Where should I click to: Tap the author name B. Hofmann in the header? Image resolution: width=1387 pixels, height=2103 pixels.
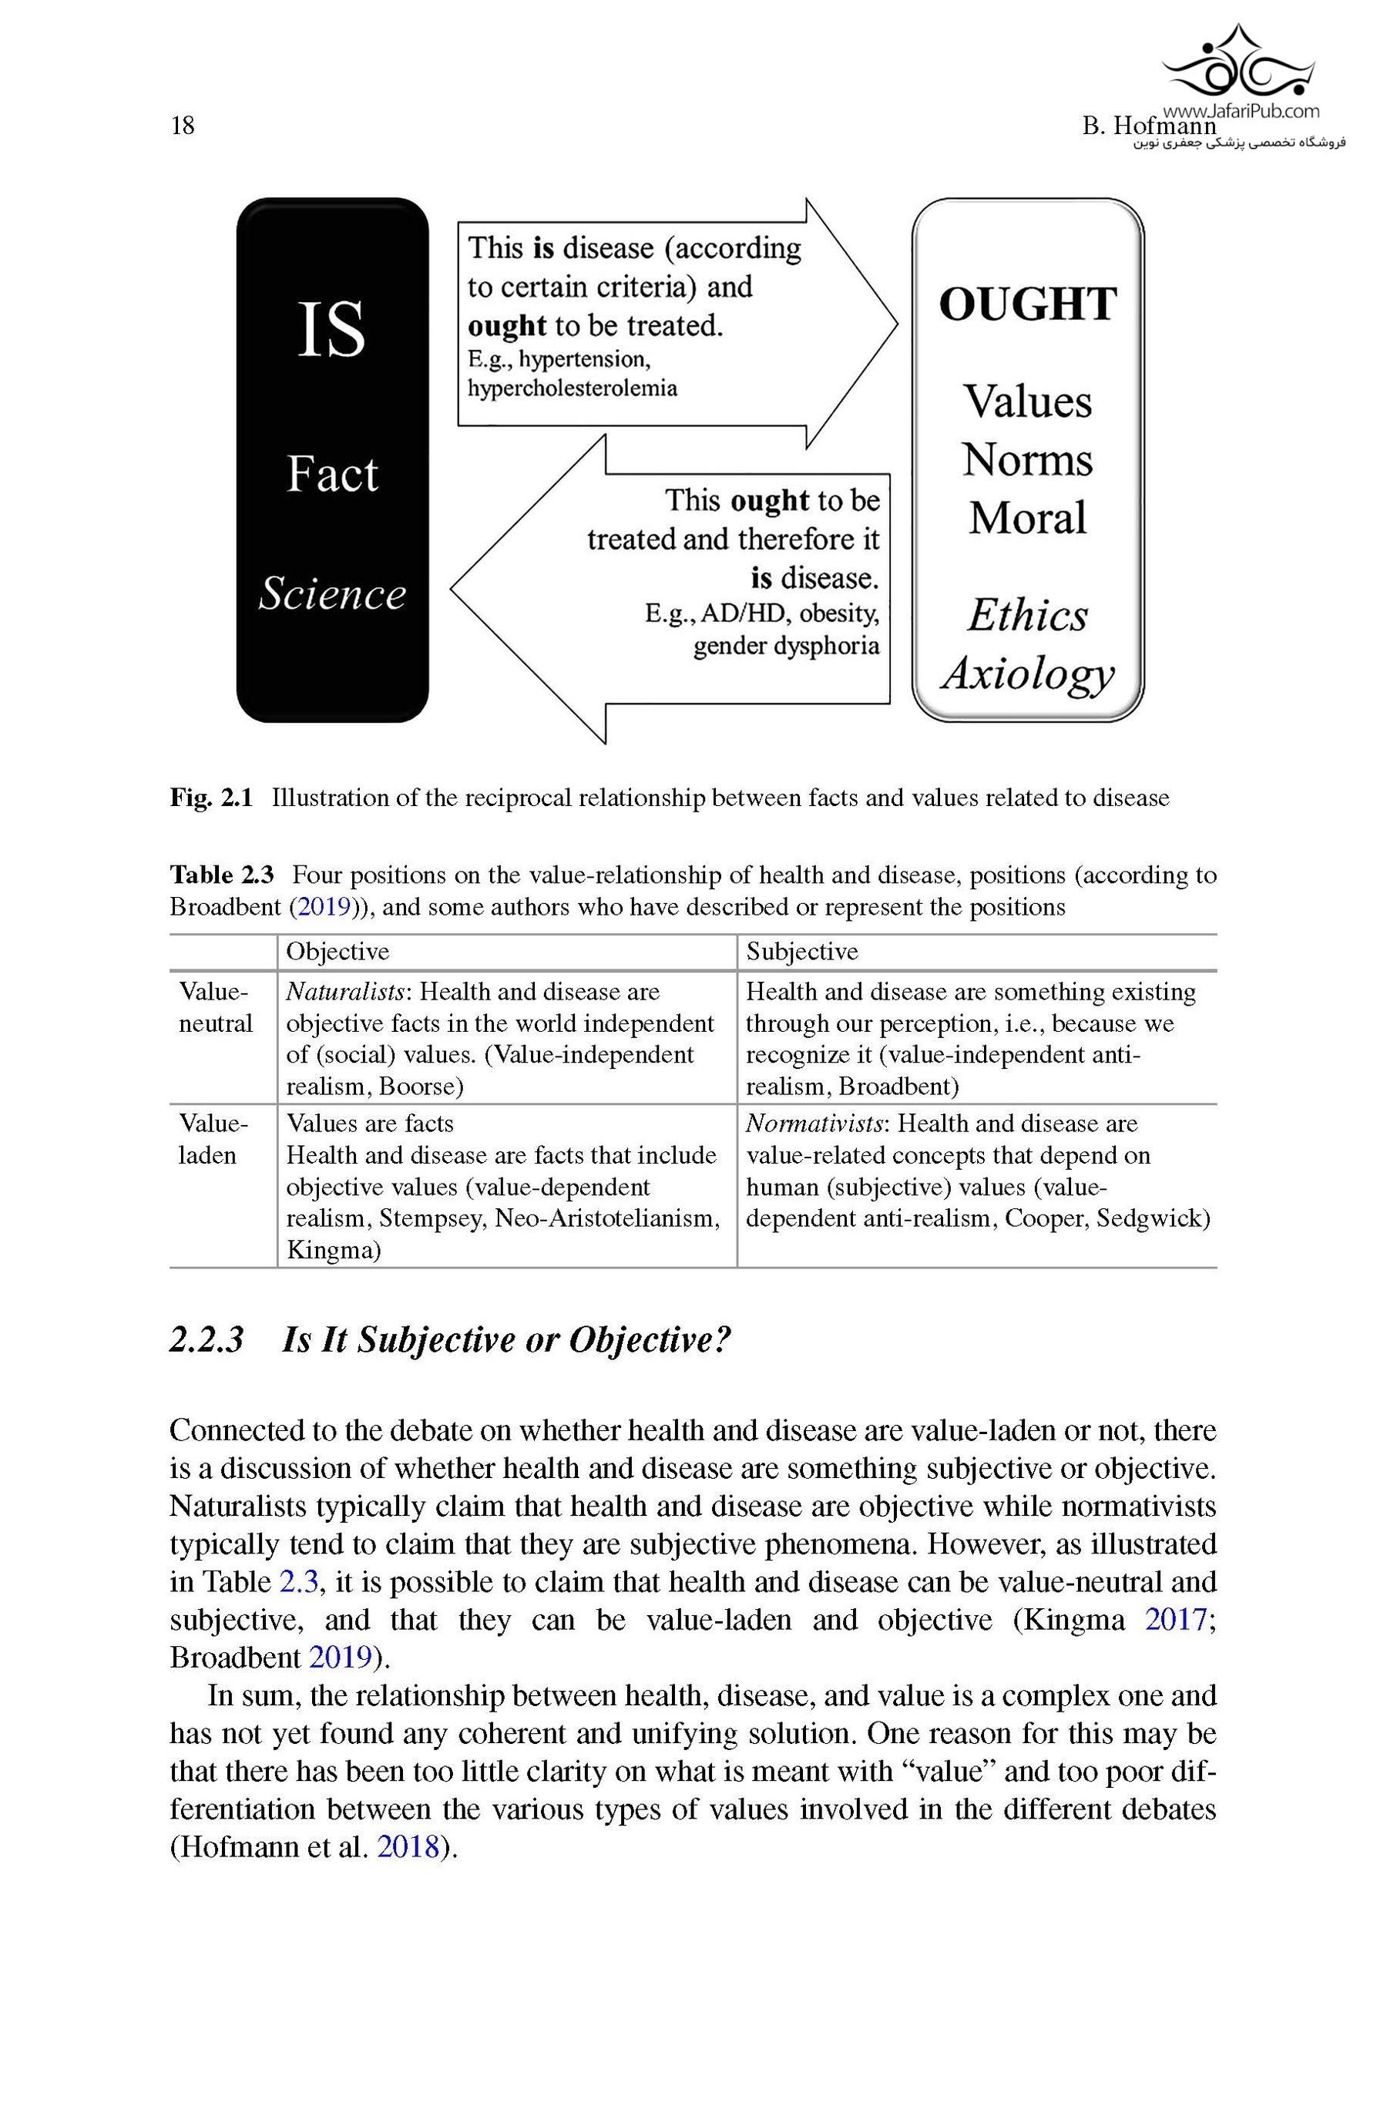(x=1149, y=126)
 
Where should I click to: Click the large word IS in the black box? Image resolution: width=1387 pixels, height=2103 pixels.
(x=331, y=329)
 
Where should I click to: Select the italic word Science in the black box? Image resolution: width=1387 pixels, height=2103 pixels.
(x=331, y=593)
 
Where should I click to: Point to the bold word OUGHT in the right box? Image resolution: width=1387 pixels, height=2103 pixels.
(x=1027, y=304)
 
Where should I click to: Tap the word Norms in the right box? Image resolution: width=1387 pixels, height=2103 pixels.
(x=1027, y=460)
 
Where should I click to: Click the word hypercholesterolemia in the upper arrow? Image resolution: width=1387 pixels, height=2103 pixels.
(x=573, y=388)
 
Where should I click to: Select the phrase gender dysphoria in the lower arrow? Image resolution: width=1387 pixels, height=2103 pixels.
(x=785, y=646)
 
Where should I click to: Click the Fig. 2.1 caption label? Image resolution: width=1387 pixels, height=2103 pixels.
(x=211, y=798)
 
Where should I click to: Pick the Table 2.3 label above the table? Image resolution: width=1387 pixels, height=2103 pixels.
(x=222, y=875)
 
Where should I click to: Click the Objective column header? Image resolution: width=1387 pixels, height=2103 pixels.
(x=337, y=952)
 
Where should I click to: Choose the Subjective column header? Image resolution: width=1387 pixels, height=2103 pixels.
(x=801, y=952)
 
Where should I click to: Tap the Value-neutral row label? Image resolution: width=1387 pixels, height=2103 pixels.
(x=215, y=1007)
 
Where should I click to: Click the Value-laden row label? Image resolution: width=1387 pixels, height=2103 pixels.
(x=213, y=1139)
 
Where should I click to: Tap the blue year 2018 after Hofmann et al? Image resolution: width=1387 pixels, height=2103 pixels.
(x=408, y=1847)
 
